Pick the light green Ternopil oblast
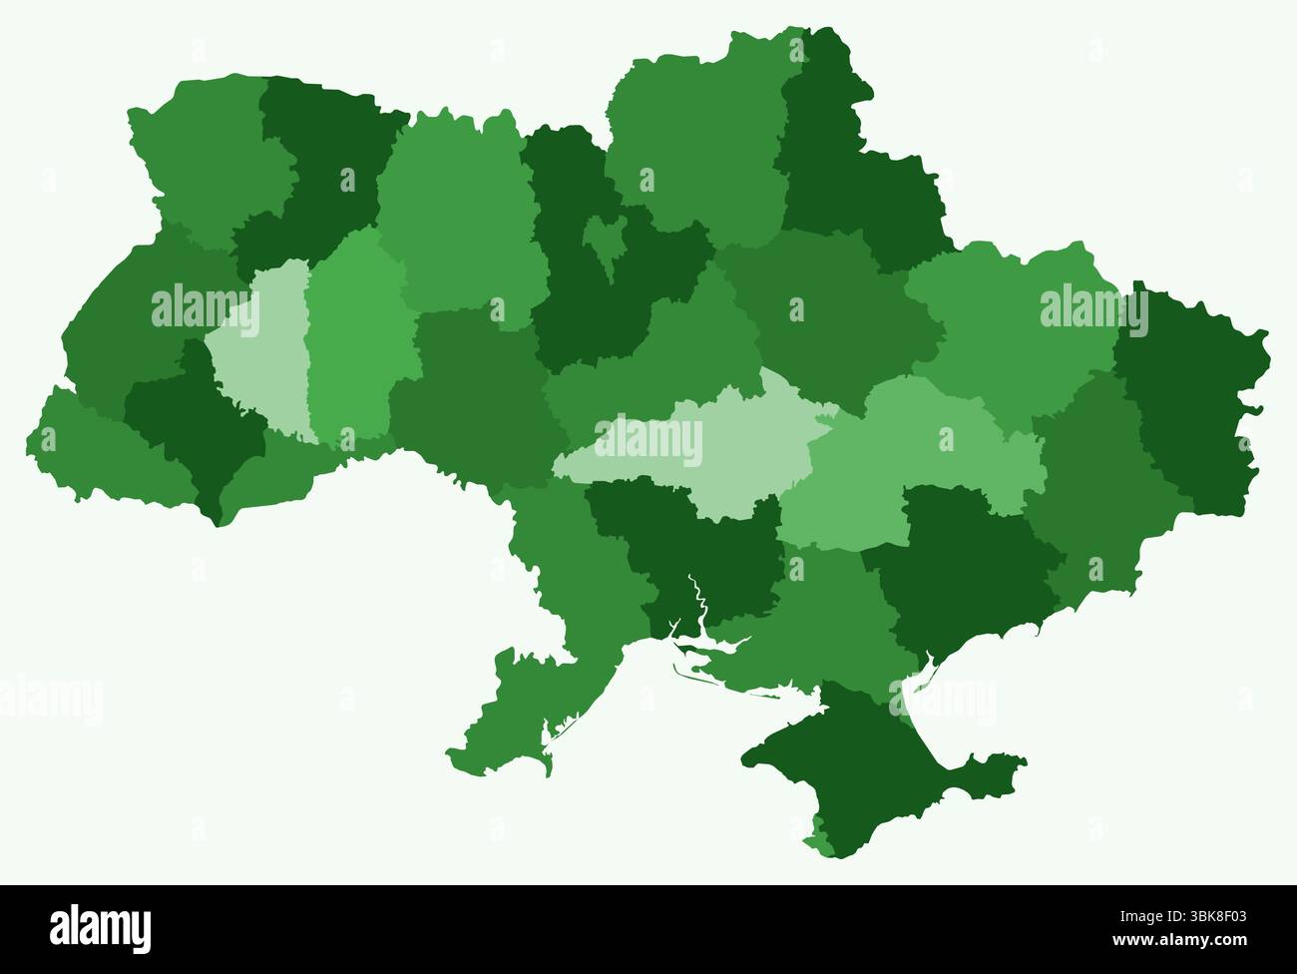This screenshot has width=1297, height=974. (261, 349)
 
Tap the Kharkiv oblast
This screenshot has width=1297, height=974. (1008, 319)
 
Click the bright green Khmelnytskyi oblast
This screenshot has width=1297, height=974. (354, 339)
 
